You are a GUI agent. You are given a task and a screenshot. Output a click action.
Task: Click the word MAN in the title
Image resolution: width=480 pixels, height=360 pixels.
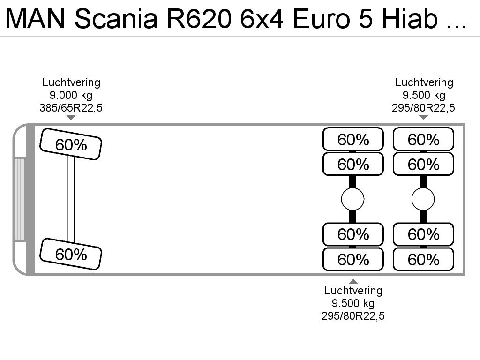click(x=35, y=19)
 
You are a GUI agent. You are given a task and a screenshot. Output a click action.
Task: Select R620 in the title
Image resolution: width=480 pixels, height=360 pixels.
click(x=199, y=19)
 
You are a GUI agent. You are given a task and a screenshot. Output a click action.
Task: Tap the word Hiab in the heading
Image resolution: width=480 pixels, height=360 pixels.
click(x=410, y=19)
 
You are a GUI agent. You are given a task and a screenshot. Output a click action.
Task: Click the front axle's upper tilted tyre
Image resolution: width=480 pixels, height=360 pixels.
click(x=71, y=144)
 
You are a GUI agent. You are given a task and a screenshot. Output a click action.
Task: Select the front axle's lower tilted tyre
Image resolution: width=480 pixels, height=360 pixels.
click(x=71, y=254)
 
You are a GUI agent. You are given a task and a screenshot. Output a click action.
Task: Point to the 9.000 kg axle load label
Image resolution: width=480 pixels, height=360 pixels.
click(x=71, y=95)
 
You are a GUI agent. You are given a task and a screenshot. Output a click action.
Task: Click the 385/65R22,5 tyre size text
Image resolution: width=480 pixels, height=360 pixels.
click(x=71, y=108)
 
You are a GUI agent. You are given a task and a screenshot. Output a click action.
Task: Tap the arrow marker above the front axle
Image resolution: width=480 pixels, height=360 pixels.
click(x=71, y=118)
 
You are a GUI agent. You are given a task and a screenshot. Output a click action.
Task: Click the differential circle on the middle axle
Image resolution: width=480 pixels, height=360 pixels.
click(x=352, y=199)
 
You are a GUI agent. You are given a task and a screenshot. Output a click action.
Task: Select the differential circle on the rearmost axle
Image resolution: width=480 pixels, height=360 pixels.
click(x=423, y=199)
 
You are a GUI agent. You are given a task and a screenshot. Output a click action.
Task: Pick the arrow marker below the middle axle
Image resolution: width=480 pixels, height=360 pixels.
click(x=353, y=281)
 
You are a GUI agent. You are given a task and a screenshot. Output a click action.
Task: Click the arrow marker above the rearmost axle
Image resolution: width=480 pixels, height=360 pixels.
click(x=423, y=118)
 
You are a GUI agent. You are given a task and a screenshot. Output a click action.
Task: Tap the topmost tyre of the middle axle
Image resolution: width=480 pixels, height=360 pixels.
click(x=353, y=139)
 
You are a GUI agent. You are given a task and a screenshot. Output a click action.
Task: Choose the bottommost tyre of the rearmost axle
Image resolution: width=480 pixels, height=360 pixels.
click(x=423, y=259)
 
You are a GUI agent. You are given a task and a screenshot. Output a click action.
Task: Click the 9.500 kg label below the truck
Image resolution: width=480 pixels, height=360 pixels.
click(x=353, y=303)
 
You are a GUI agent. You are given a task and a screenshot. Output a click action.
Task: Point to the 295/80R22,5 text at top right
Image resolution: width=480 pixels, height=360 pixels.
click(x=423, y=108)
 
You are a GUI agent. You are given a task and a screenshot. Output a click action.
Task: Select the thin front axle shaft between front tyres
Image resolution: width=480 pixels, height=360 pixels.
click(x=71, y=199)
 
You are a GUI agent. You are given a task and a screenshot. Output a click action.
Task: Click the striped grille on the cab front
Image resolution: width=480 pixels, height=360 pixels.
click(x=19, y=199)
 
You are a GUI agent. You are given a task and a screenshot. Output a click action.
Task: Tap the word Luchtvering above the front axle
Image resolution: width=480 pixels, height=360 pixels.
click(x=71, y=82)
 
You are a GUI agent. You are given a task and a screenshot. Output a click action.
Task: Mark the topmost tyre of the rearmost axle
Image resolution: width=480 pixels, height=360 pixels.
click(x=423, y=139)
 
